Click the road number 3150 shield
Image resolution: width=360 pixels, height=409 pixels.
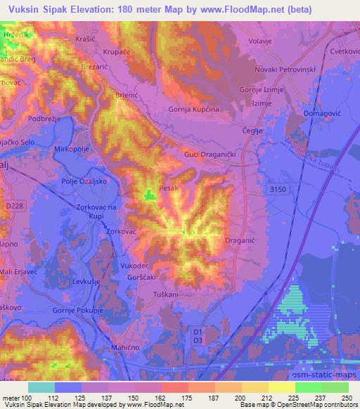278,190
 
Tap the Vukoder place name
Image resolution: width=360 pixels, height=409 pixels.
134,266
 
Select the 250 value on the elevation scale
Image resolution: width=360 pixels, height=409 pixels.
345,397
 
